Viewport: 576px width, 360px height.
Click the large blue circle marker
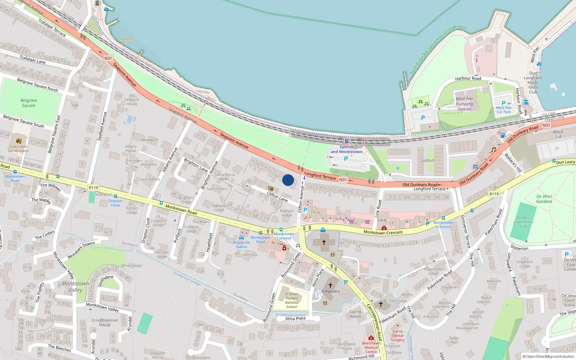click(x=288, y=180)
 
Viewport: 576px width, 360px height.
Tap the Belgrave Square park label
click(x=29, y=103)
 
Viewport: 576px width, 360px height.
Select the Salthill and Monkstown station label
click(x=346, y=149)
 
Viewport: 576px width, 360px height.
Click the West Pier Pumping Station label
click(x=464, y=104)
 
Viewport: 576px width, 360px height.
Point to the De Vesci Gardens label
click(x=544, y=199)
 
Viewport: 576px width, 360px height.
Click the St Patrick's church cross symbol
click(x=330, y=285)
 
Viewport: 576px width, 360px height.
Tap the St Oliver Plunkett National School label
click(x=292, y=300)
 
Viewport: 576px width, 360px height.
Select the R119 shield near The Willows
click(x=93, y=188)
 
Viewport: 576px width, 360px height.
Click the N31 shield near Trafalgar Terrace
click(x=108, y=58)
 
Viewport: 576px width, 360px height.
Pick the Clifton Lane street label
click(x=277, y=197)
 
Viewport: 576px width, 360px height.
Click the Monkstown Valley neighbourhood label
click(x=75, y=287)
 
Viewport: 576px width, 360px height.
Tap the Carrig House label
click(x=355, y=314)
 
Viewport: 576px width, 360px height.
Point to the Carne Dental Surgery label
click(x=397, y=336)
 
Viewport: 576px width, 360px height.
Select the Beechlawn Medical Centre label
click(x=371, y=347)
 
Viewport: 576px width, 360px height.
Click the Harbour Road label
click(x=468, y=78)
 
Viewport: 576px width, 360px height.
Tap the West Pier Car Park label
click(x=503, y=110)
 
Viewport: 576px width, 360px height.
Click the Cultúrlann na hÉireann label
click(x=18, y=149)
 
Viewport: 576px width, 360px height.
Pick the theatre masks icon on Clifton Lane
click(x=270, y=189)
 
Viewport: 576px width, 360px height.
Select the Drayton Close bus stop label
click(x=115, y=203)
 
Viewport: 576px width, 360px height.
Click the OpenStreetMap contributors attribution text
click(x=548, y=356)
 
